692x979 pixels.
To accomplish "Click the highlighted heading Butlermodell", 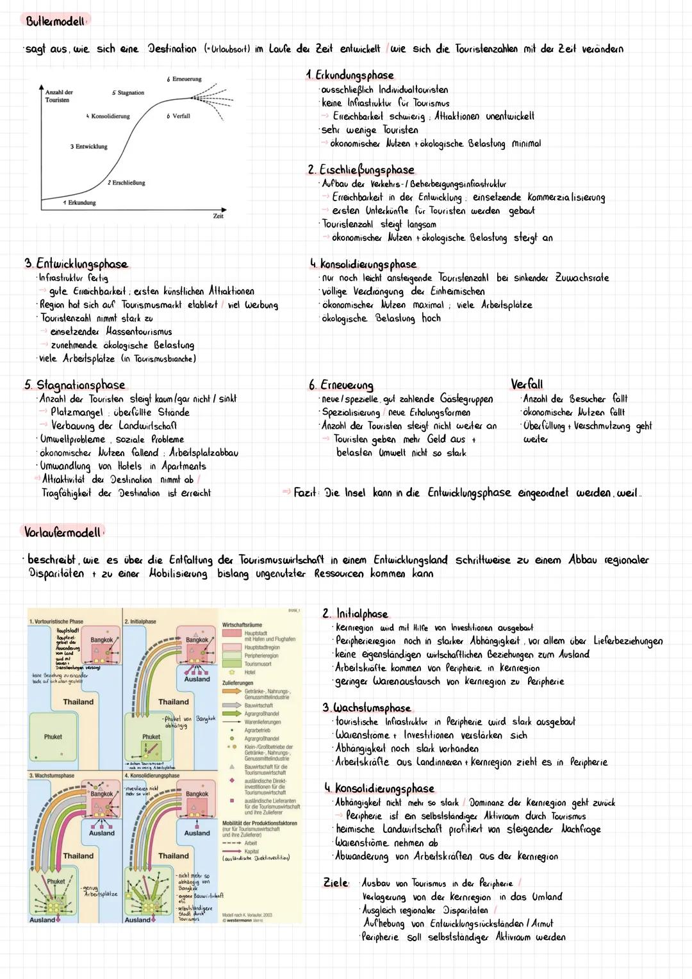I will tap(55, 21).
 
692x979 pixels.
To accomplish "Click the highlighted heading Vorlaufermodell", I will tap(62, 532).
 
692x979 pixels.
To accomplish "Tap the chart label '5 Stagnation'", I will tap(128, 93).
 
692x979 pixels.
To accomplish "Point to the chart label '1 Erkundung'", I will tap(79, 202).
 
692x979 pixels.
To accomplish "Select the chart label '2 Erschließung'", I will tap(126, 183).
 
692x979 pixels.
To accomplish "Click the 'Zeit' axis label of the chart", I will tap(218, 217).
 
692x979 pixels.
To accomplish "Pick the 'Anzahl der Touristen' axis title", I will tap(59, 96).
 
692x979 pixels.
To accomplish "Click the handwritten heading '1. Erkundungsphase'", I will tap(350, 75).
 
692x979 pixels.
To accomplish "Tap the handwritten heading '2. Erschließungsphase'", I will tap(361, 170).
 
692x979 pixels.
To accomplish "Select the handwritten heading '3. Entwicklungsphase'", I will tap(76, 264).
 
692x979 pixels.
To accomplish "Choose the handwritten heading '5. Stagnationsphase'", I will tap(75, 384).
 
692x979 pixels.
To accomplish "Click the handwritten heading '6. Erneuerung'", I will tap(341, 385).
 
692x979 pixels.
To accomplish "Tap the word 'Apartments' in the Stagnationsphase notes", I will tap(184, 466).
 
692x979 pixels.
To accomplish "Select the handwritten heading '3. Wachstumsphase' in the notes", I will tap(367, 708).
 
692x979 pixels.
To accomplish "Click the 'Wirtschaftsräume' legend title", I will tap(242, 625).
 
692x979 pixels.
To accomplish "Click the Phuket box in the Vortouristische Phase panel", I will tap(53, 737).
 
